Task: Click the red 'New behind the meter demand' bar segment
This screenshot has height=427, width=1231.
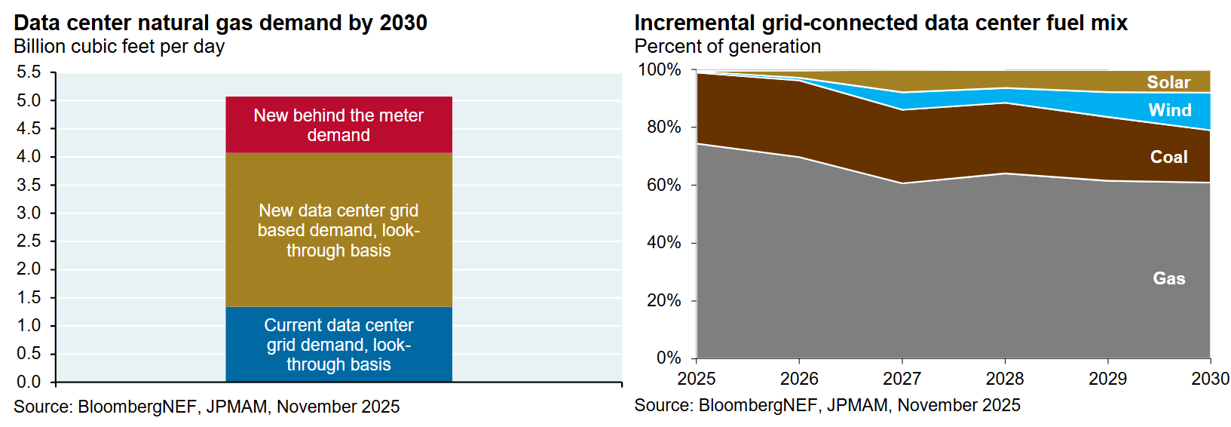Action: coord(338,124)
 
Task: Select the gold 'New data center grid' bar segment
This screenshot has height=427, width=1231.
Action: coord(338,230)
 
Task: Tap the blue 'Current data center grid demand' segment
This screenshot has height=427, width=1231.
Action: coord(338,344)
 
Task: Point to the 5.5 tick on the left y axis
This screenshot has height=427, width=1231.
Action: coord(29,72)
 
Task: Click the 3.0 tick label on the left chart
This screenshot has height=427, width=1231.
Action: coord(29,213)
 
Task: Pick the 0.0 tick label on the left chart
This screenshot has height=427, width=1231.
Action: coord(29,382)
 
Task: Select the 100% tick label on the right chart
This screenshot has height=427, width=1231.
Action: coord(660,70)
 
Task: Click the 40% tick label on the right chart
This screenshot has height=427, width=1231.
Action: coord(663,242)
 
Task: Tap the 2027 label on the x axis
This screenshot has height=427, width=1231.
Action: coord(902,379)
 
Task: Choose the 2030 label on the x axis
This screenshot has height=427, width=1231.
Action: coord(1210,379)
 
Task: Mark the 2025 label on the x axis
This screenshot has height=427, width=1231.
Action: coord(697,379)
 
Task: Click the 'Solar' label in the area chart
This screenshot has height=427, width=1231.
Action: coord(1168,82)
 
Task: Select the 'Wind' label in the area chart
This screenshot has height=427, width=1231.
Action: coord(1170,110)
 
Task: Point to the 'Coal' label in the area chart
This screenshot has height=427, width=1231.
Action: coord(1168,157)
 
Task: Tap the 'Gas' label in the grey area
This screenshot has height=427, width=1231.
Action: coord(1168,278)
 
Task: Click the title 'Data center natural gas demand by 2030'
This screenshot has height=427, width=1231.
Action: coord(220,23)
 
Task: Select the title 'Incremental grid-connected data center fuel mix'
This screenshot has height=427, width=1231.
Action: coord(880,23)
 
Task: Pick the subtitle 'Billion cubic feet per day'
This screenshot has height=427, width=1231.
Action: coord(119,47)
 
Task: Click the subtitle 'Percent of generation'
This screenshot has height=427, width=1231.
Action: coord(727,47)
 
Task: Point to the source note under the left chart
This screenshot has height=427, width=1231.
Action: coord(207,407)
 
